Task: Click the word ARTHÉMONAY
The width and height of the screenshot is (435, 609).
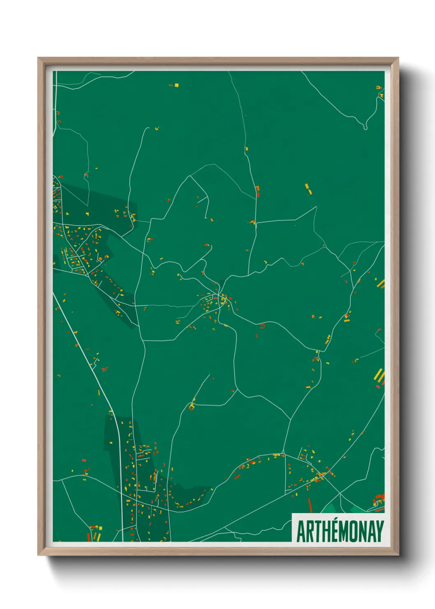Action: tap(340, 531)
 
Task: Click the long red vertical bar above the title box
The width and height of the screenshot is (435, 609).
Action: tap(310, 505)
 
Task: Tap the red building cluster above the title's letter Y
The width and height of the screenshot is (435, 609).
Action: tap(379, 500)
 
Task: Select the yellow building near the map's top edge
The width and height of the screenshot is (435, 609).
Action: tap(176, 85)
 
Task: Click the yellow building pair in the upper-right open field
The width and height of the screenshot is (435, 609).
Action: tap(308, 189)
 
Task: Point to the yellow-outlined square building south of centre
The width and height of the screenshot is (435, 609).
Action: tap(191, 407)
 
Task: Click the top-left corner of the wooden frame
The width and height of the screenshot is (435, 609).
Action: tap(38, 58)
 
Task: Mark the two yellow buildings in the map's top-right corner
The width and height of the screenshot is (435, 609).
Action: tap(379, 91)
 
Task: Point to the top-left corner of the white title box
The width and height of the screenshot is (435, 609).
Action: tap(292, 514)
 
